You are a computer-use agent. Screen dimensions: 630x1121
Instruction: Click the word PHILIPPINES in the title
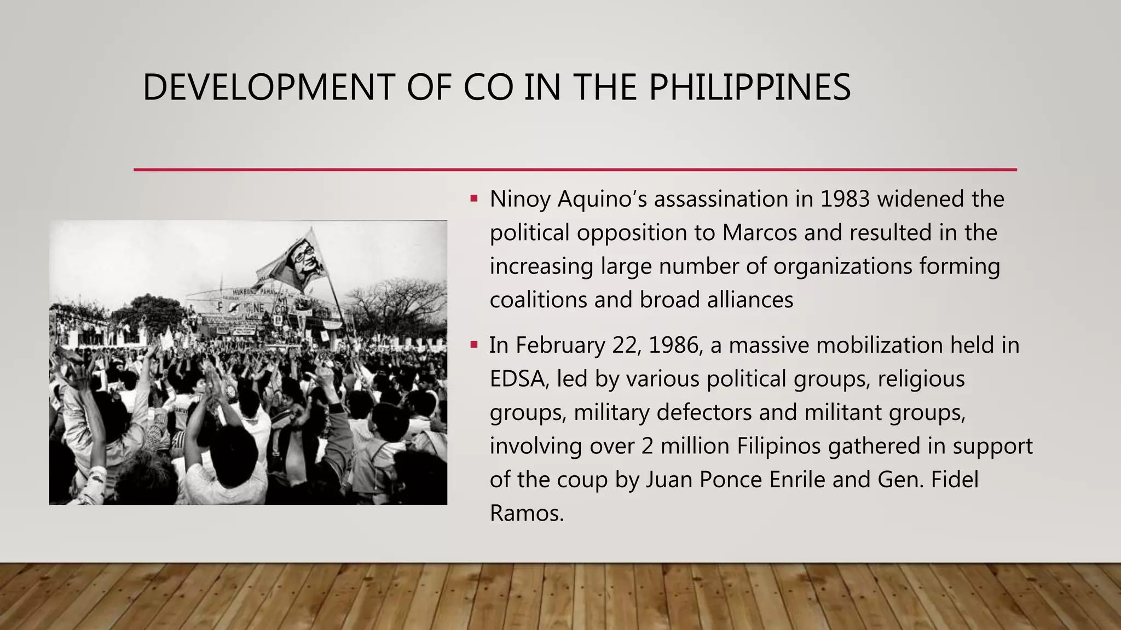[x=749, y=87]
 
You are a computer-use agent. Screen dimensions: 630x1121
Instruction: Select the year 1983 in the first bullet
[x=845, y=199]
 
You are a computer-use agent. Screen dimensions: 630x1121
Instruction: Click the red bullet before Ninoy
[x=474, y=198]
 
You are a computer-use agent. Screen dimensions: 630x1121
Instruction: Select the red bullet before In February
[x=474, y=345]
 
